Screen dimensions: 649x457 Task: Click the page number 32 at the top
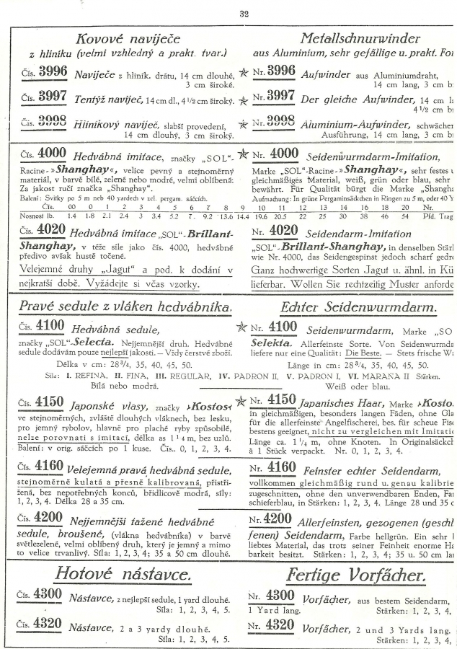243,12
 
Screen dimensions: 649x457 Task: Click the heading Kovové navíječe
128,37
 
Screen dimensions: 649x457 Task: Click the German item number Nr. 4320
271,624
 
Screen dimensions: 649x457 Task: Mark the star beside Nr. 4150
244,402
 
